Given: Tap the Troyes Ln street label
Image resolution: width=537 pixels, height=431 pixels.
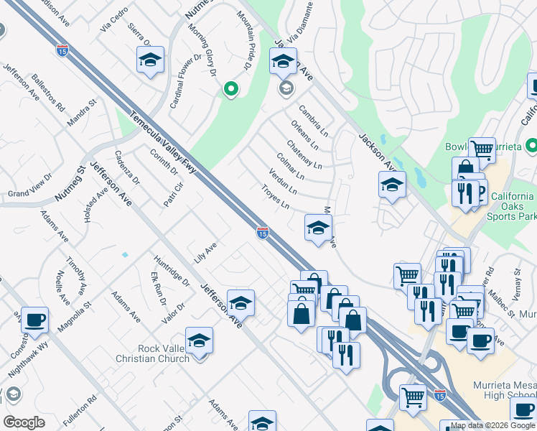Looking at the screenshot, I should coord(275,198).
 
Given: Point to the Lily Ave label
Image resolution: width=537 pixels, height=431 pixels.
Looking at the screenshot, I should coord(205,253).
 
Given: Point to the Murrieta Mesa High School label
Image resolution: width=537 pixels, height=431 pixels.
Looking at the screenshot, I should coord(504,391).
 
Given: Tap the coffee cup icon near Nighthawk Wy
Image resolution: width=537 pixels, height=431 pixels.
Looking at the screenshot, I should coord(34,320).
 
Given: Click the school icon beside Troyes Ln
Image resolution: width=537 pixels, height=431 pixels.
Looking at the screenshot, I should coord(318,228).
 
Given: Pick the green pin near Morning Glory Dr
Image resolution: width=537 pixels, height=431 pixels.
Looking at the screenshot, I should coord(230,89).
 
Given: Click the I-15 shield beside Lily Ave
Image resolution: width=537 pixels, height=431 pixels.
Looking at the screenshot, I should coord(263,233).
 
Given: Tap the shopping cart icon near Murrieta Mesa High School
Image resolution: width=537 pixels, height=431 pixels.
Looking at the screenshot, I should coord(413,397).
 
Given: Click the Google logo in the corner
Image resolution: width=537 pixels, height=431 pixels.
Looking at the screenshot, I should coord(24,422).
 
